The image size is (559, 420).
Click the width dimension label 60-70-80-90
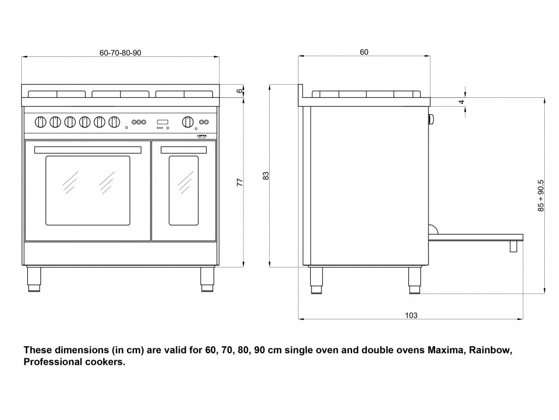(x=121, y=52)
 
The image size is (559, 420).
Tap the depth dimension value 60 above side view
(x=364, y=52)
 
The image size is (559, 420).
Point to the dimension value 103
(x=411, y=315)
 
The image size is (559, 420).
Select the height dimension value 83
(x=266, y=176)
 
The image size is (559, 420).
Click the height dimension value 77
(x=239, y=183)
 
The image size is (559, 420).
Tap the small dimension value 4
(x=461, y=102)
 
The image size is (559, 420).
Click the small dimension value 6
(x=239, y=91)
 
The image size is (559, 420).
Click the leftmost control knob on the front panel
(x=40, y=122)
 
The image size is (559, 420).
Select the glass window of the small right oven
(x=183, y=190)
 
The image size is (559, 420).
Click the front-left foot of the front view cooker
(x=33, y=279)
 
